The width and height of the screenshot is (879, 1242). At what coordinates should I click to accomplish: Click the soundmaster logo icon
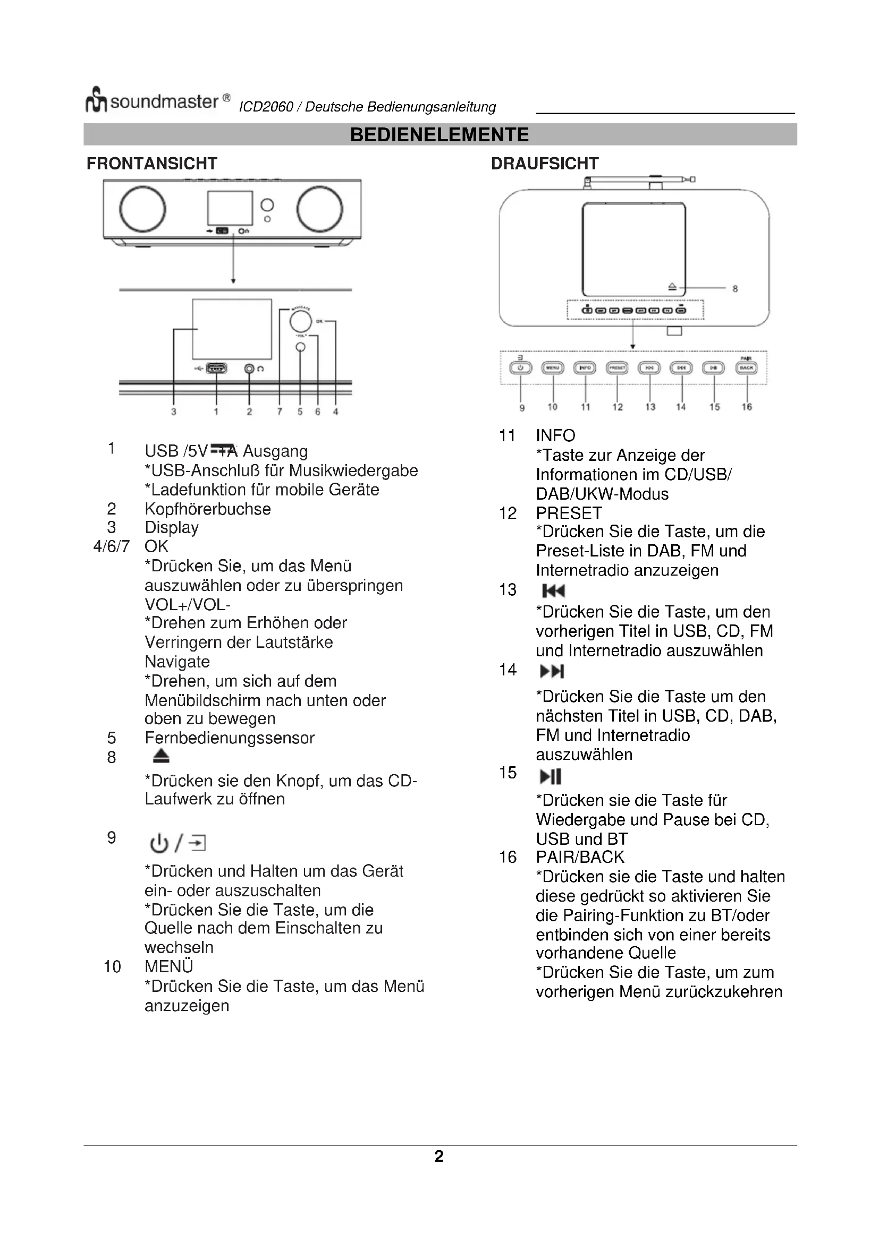[96, 100]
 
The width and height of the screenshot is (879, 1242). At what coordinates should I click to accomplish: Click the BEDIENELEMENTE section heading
[439, 135]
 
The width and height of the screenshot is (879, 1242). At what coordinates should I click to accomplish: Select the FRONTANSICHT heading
[151, 164]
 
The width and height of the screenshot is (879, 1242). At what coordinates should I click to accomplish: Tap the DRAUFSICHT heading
[545, 164]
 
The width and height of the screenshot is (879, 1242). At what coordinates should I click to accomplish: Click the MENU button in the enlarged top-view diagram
[553, 368]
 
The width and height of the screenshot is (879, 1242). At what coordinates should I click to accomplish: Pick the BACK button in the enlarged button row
[746, 368]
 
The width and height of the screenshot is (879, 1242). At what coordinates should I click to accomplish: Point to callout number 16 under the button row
[746, 407]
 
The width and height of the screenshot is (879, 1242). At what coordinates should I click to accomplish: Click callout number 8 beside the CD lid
[735, 289]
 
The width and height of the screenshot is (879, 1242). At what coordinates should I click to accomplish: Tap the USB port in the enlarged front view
[216, 369]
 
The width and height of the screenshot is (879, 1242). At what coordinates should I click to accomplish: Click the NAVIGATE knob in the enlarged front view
[300, 322]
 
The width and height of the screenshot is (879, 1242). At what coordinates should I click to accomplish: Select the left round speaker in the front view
[142, 209]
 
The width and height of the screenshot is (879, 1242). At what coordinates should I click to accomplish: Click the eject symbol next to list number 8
[160, 756]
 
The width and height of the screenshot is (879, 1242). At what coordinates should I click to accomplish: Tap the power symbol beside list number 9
[158, 843]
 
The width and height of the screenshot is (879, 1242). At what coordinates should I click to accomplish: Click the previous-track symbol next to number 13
[553, 590]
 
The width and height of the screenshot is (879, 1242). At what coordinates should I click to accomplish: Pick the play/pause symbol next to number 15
[551, 776]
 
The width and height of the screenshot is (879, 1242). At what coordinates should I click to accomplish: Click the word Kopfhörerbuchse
[208, 509]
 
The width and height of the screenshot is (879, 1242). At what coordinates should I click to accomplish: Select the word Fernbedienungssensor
[230, 738]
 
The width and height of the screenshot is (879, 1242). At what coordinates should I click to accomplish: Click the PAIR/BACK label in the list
[580, 857]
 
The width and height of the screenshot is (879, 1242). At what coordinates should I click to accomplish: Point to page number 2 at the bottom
[439, 1156]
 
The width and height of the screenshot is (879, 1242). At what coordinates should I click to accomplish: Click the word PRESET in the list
[569, 513]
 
